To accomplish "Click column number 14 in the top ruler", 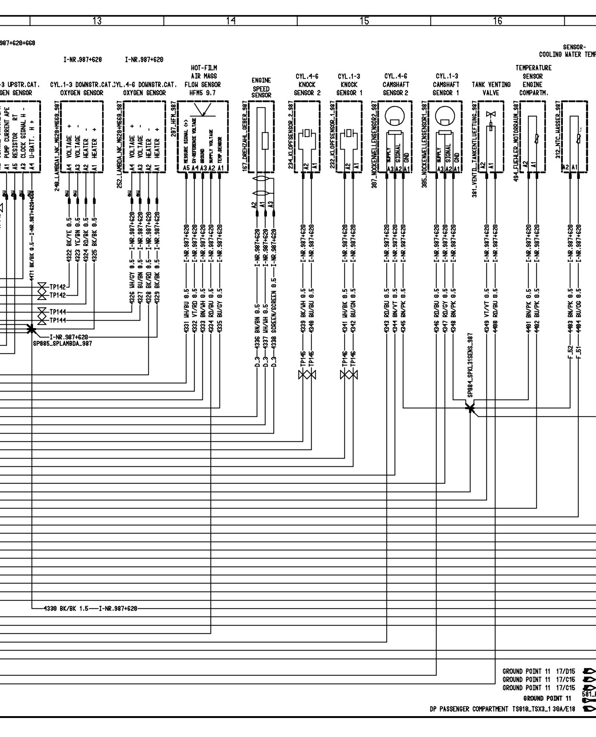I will [x=231, y=21].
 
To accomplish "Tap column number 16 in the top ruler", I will [x=498, y=21].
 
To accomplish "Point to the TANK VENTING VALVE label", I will [x=491, y=89].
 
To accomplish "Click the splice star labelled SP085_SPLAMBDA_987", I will [x=32, y=329].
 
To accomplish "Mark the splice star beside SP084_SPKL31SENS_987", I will [x=471, y=408].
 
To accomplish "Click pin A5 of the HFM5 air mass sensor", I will [x=186, y=168].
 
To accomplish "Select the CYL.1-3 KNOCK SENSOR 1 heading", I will [x=349, y=85].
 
